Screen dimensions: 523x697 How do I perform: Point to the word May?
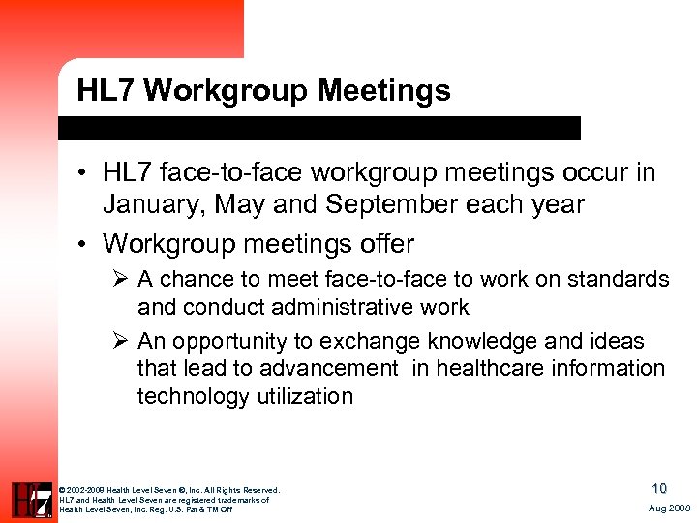point(238,205)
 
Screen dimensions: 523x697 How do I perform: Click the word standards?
point(620,280)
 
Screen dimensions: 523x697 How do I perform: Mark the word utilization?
point(305,396)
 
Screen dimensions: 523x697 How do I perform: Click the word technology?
point(194,396)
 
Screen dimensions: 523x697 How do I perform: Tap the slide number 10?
point(658,489)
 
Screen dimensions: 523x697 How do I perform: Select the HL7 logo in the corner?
point(31,500)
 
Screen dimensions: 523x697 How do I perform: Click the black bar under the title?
point(319,128)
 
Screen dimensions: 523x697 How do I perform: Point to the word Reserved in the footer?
point(260,490)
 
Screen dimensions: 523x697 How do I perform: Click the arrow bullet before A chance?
point(122,280)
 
